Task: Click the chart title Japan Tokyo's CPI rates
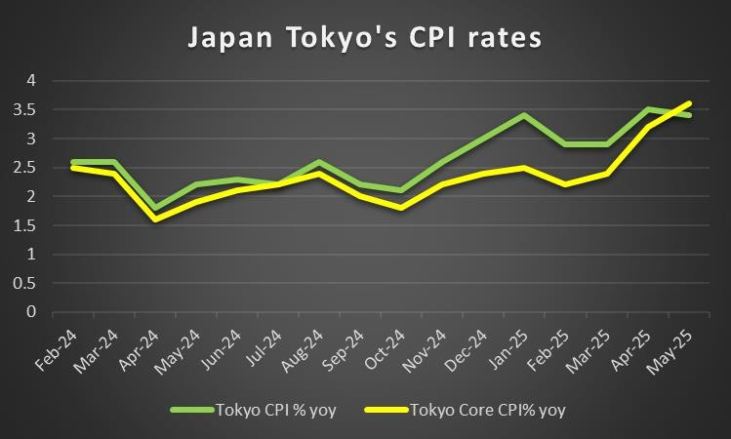tap(365, 39)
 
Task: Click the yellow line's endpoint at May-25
tap(691, 103)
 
